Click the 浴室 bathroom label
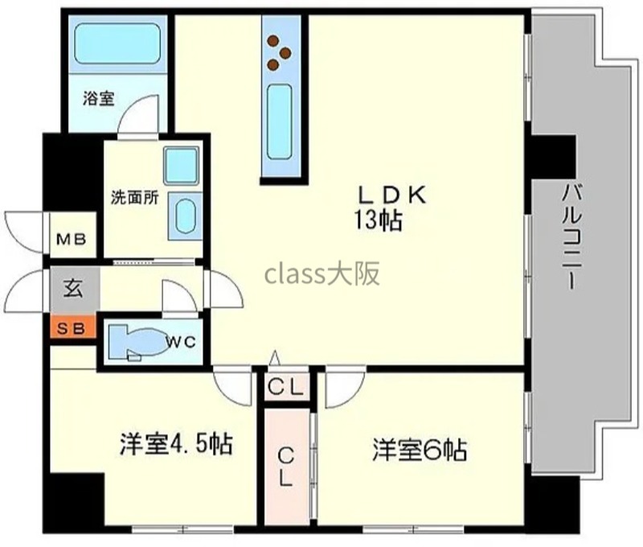100,99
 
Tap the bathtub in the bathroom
117,44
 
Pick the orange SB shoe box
73,327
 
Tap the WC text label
181,341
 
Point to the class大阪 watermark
322,275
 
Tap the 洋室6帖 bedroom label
419,450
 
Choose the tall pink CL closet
286,467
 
